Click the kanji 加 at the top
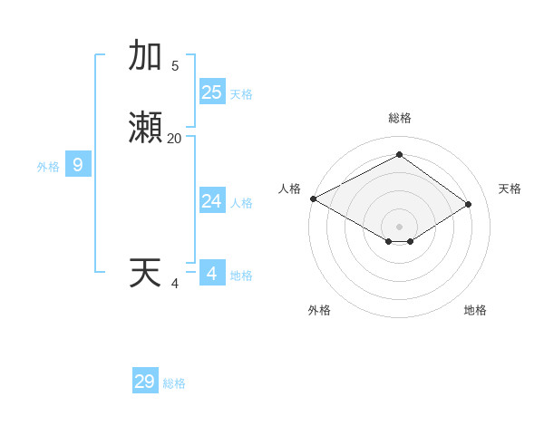coord(145,56)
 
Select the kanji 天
coord(145,273)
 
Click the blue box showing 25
coord(212,92)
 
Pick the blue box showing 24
coord(212,201)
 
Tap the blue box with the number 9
coord(78,165)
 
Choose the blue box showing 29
coord(145,382)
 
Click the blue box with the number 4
coord(212,273)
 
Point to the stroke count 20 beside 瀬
coord(174,139)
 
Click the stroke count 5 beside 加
coord(175,65)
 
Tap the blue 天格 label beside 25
coord(241,93)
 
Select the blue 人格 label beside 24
coord(241,202)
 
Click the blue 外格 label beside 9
coord(48,166)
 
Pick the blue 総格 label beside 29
coord(174,383)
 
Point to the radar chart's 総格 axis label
coord(400,118)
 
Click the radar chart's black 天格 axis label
coord(510,189)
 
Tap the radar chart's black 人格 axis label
coord(289,189)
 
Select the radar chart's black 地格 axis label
coord(475,310)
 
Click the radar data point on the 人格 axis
coord(313,198)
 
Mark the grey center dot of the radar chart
coord(400,226)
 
